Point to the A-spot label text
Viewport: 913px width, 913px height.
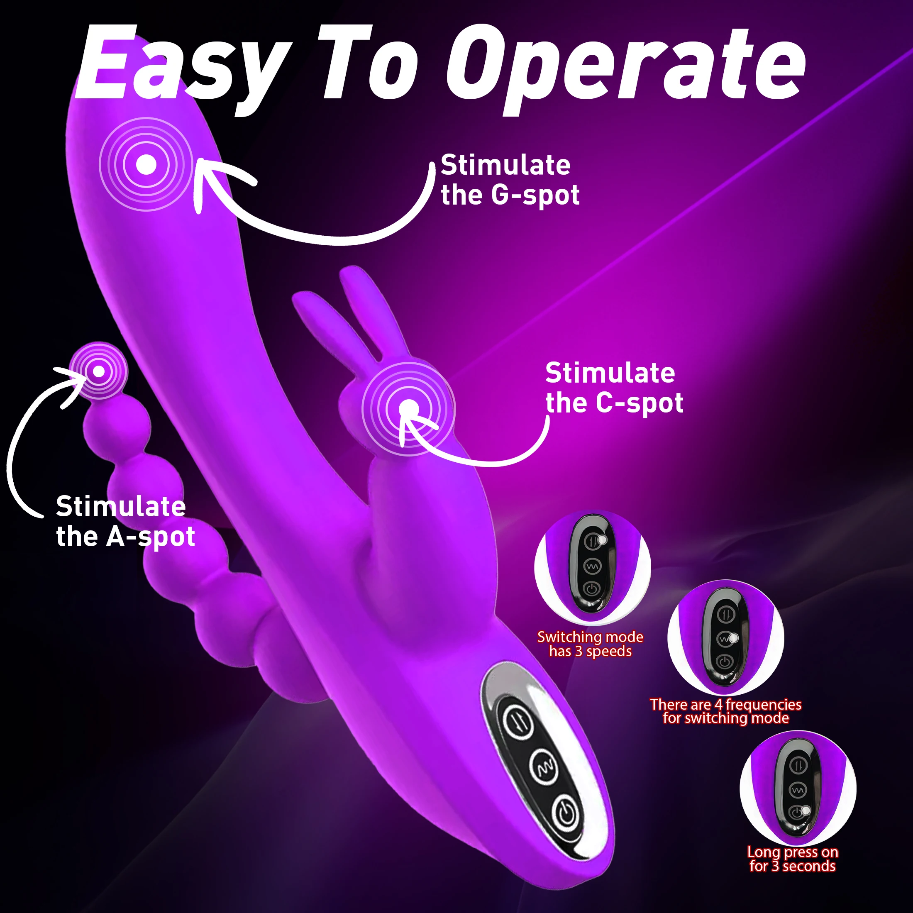(125, 521)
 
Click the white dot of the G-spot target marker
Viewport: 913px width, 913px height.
(146, 164)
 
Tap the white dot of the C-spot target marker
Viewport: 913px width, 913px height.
(409, 409)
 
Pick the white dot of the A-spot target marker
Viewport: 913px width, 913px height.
(99, 371)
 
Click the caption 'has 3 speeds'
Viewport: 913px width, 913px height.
(590, 652)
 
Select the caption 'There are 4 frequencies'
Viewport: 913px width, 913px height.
(725, 705)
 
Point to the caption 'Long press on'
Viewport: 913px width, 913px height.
(793, 852)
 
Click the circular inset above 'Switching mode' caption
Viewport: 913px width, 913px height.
(592, 567)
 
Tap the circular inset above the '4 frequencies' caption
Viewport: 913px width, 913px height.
(725, 638)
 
